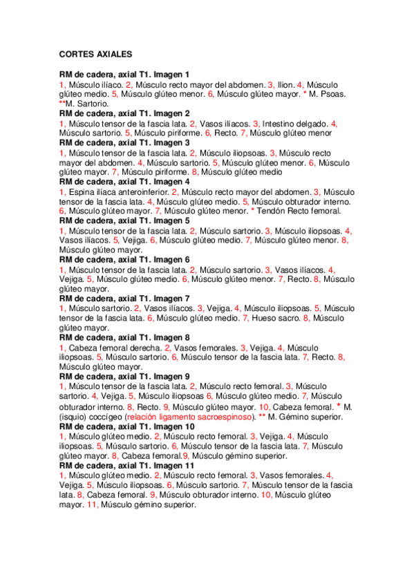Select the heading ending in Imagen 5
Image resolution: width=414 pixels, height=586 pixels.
(x=124, y=220)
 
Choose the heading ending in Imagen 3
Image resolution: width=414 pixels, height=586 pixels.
(x=124, y=142)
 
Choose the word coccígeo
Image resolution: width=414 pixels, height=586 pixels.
(x=104, y=417)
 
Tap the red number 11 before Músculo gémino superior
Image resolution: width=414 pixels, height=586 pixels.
(x=92, y=504)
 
